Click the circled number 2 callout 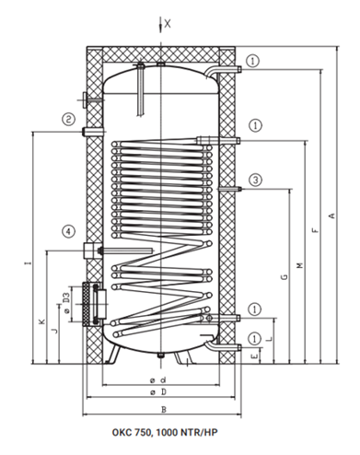68,119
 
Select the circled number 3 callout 256,180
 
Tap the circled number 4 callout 68,231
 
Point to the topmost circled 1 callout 253,61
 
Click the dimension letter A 331,216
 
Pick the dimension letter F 316,230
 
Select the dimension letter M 300,265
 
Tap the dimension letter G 285,277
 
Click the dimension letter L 269,339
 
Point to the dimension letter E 254,356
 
